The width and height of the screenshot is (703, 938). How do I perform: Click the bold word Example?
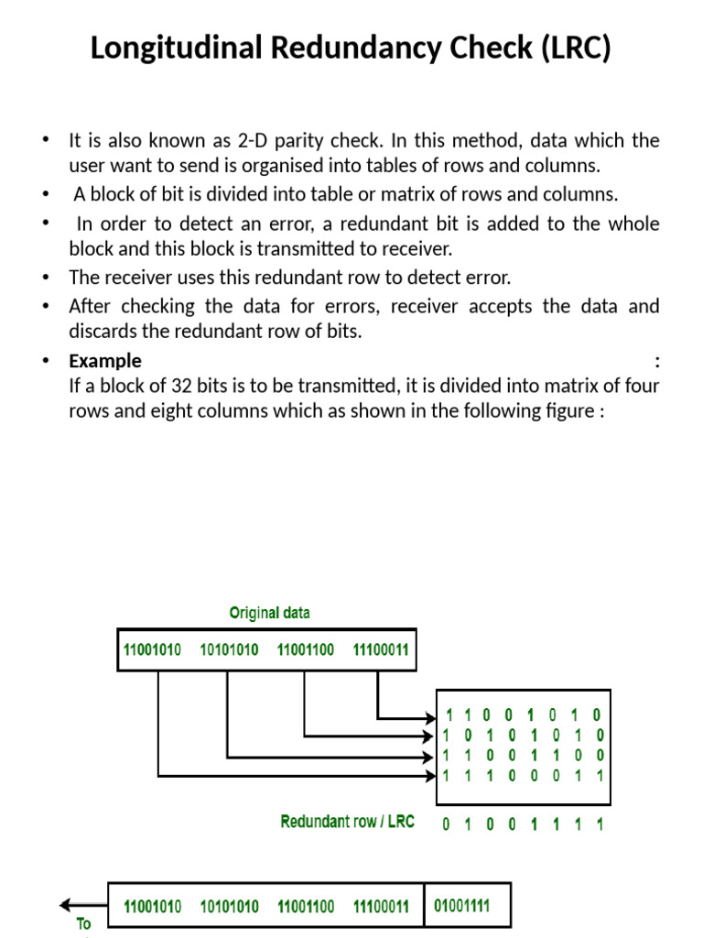[x=105, y=360]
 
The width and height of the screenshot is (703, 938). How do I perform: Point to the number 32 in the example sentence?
[x=188, y=386]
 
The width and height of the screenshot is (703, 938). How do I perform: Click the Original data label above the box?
[x=269, y=613]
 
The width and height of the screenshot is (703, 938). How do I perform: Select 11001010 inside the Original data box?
[x=152, y=650]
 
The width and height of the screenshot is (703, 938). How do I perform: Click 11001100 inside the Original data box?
[x=304, y=650]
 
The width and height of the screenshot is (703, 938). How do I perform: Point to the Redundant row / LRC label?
[x=347, y=822]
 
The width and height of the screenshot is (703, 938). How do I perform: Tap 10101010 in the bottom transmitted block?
[x=230, y=907]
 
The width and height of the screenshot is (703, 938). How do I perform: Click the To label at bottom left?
[x=84, y=924]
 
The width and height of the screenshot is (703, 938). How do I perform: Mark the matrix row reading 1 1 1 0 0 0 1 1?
[x=524, y=776]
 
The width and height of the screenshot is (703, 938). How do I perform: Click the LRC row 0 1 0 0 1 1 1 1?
[x=524, y=823]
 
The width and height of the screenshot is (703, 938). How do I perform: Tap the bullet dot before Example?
[x=46, y=361]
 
